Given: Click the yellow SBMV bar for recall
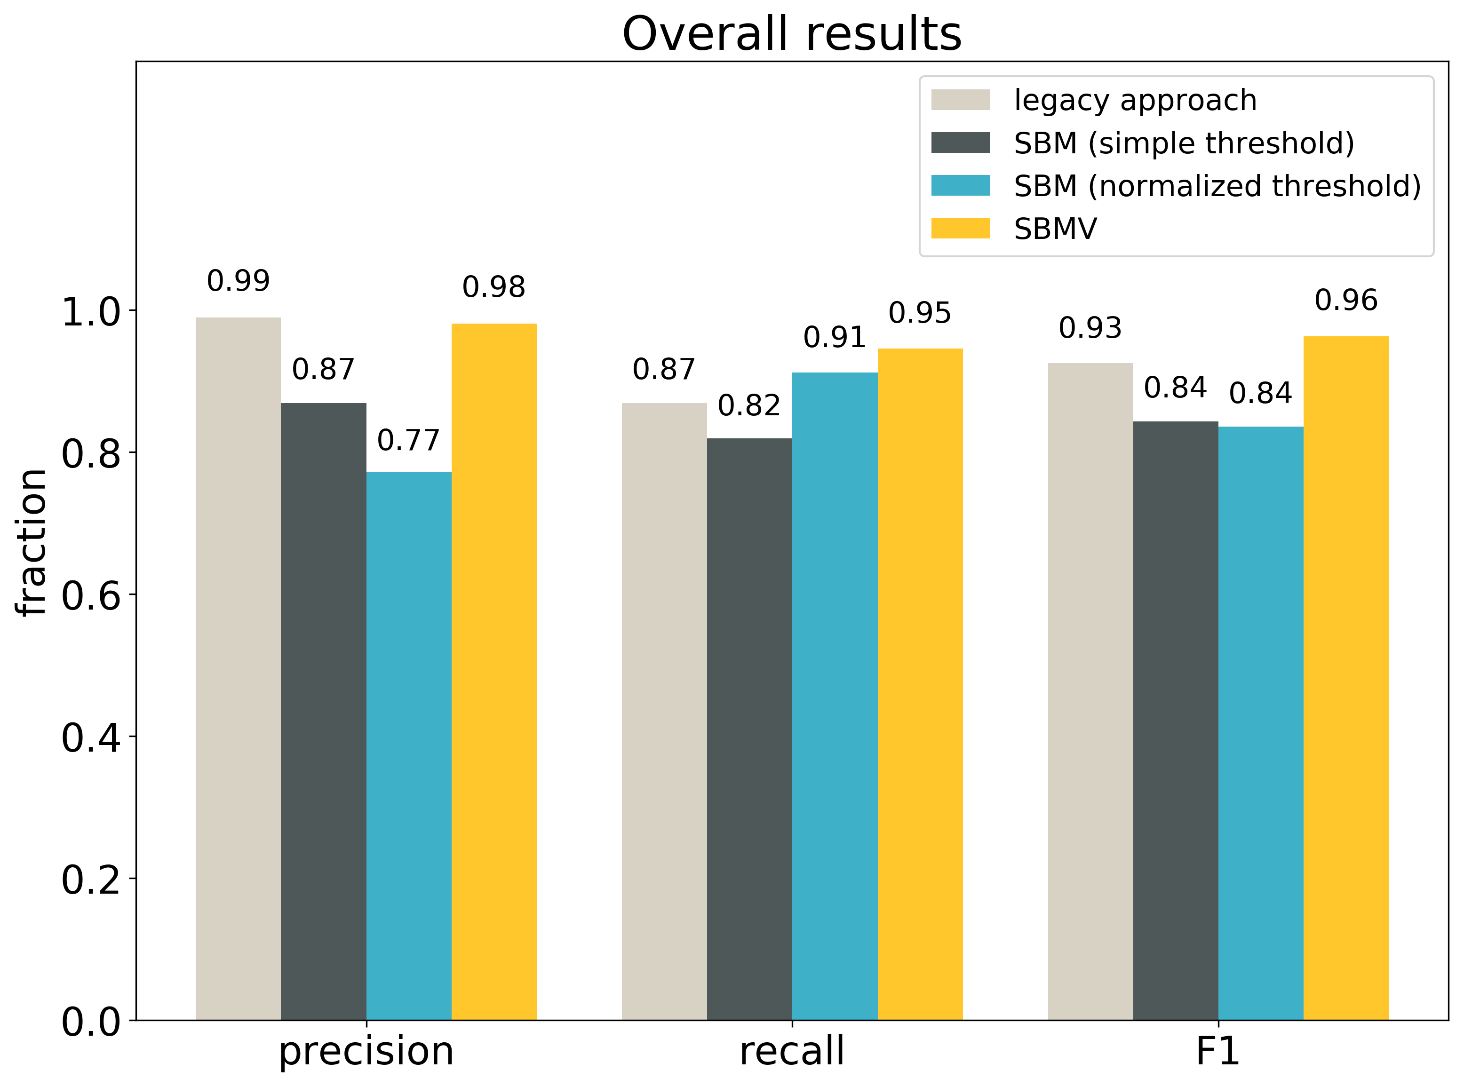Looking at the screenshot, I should [920, 684].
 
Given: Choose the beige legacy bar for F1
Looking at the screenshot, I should [1090, 690].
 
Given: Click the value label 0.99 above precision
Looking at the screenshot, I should [238, 281].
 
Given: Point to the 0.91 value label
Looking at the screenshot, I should [834, 338].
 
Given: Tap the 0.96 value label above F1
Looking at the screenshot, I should [1345, 301].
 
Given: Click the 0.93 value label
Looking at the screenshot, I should [1090, 328].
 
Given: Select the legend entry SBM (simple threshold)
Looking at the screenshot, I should [1183, 143].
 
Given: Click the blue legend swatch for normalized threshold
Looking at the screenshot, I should [961, 185].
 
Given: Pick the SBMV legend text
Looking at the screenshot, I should [1055, 229].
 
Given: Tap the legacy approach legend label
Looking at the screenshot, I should [1135, 101].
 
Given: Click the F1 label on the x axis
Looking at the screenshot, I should [1217, 1051].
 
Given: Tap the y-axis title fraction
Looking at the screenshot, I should [32, 542].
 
